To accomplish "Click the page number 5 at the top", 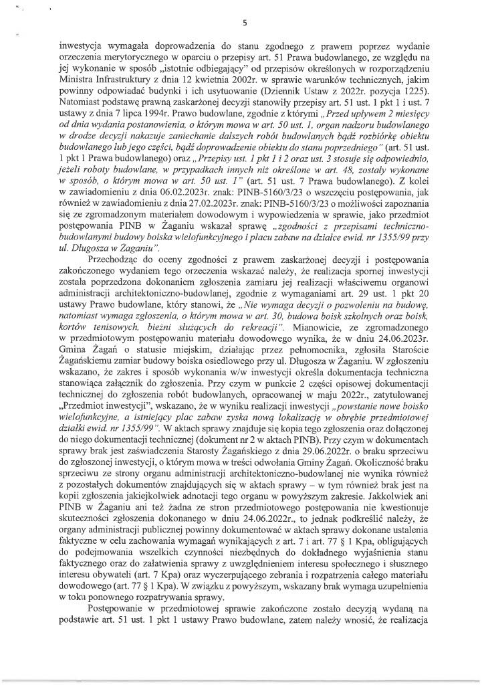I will tap(245, 22).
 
